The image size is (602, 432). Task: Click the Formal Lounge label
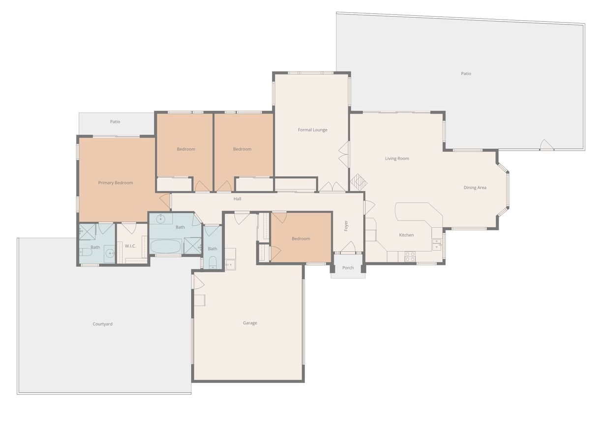point(312,130)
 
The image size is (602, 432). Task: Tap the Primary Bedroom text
point(116,183)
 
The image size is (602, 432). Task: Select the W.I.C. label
point(130,246)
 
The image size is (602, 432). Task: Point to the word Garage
point(250,323)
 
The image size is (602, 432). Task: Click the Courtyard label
point(103,324)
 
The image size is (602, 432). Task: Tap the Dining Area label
point(475,188)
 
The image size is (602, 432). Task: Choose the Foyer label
point(346,226)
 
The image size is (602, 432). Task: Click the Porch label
point(348,268)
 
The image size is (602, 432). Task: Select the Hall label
point(238,199)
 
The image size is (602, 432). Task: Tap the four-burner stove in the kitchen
point(410,257)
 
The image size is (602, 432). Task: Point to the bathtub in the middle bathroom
point(165,246)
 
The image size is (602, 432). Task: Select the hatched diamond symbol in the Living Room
point(359,182)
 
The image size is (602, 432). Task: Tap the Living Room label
point(397,159)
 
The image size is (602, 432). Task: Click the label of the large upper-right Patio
point(466,74)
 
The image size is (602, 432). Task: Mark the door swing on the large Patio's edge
point(546,145)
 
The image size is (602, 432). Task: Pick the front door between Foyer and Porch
point(348,248)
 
